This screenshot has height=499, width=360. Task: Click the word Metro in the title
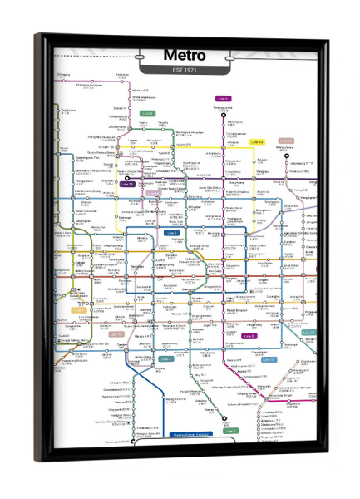(x=185, y=55)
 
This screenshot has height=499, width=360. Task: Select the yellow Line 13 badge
(x=256, y=142)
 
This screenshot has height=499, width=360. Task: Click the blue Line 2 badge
(x=172, y=233)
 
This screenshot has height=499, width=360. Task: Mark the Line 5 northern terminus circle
(x=222, y=114)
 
